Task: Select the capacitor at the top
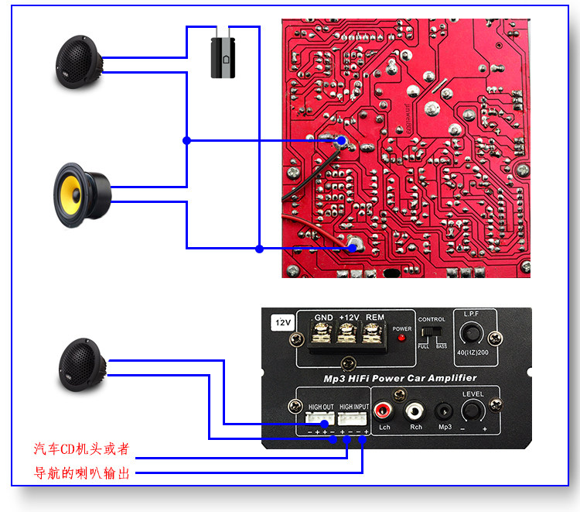[x=223, y=53]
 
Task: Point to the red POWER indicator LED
[x=401, y=340]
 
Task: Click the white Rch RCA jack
[x=415, y=410]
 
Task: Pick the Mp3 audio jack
[x=443, y=411]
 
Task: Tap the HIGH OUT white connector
[x=319, y=418]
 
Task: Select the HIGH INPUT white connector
[x=353, y=418]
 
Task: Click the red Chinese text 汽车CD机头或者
[x=81, y=449]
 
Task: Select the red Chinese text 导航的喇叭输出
[x=82, y=472]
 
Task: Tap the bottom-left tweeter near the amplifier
[x=84, y=364]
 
